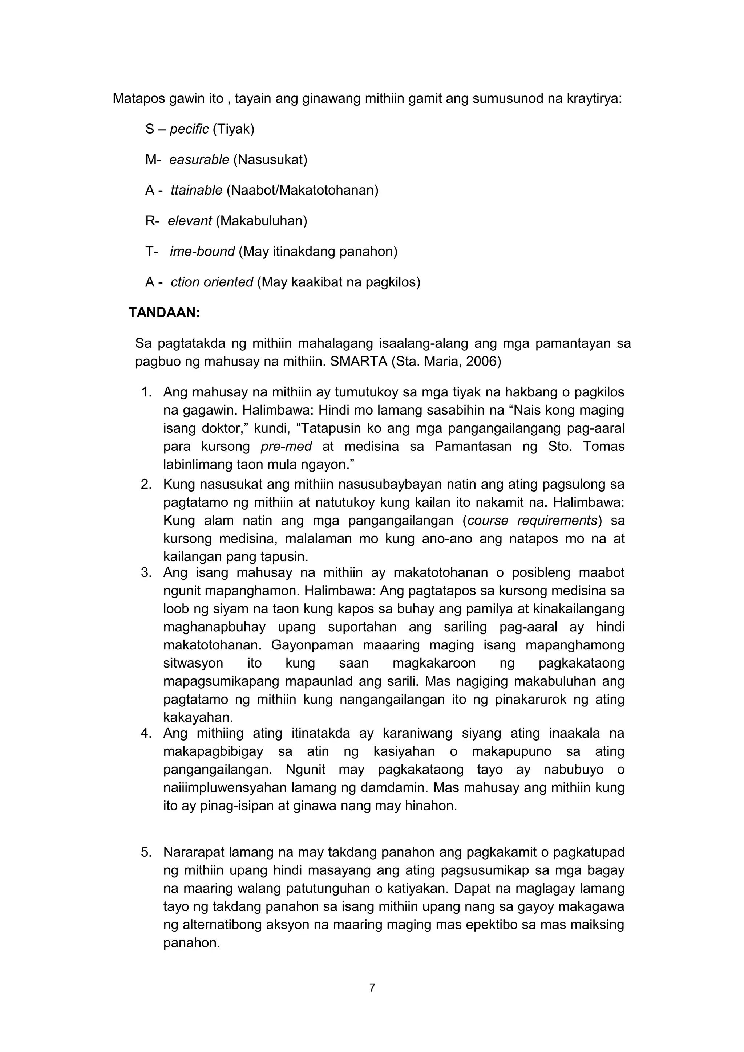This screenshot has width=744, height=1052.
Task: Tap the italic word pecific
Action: [x=189, y=129]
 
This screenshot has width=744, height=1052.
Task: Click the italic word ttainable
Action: [x=196, y=190]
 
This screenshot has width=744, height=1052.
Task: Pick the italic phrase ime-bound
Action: [x=202, y=252]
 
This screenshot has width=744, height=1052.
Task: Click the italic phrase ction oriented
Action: [x=212, y=282]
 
